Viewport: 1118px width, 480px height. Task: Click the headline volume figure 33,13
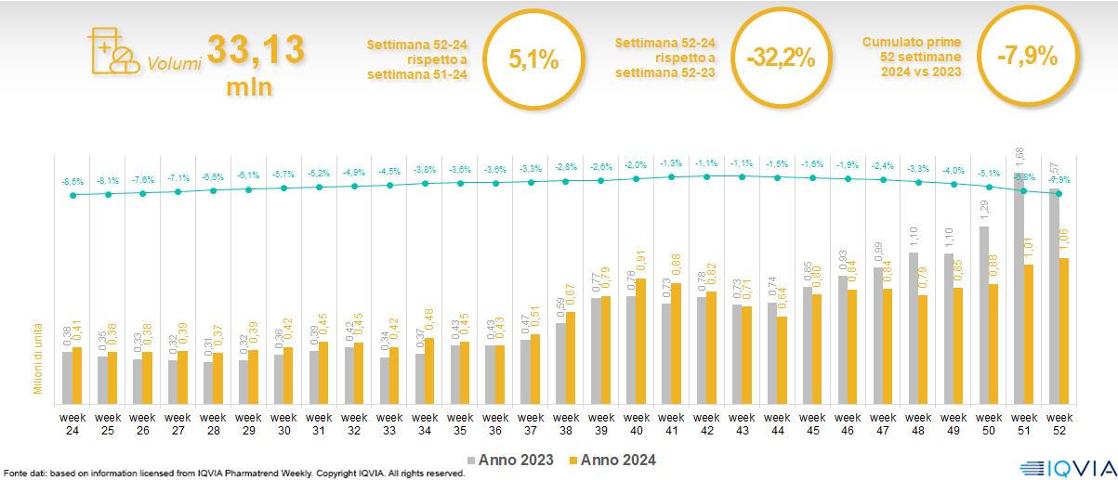[x=256, y=51]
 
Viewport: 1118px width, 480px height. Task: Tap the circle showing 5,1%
[x=533, y=59]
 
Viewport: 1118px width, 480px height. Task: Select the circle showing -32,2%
[x=780, y=58]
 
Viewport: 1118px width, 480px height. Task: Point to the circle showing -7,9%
[x=1027, y=57]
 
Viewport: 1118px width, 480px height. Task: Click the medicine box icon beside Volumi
[x=110, y=51]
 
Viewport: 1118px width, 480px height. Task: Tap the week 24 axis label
[x=72, y=423]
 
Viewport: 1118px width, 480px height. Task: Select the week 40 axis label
[x=637, y=423]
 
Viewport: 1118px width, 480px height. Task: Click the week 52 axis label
[x=1059, y=423]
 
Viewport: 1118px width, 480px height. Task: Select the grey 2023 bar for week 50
[x=984, y=316]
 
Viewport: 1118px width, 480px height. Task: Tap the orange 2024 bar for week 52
[x=1064, y=332]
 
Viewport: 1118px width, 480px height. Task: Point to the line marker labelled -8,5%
[x=72, y=195]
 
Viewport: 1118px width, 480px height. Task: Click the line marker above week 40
[x=637, y=179]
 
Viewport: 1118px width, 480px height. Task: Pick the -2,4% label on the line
[x=884, y=166]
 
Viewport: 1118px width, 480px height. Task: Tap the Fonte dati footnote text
[x=232, y=474]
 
